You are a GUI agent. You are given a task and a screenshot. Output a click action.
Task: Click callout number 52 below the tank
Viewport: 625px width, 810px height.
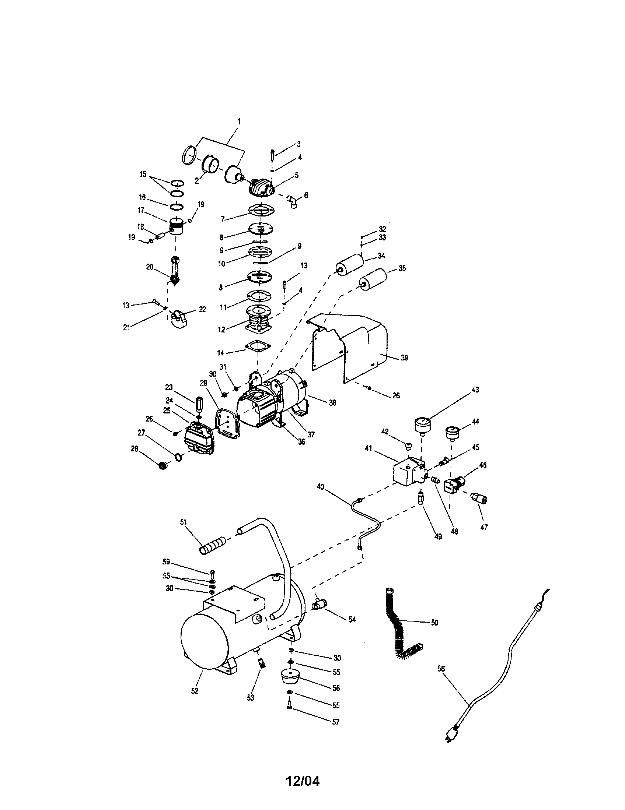(195, 691)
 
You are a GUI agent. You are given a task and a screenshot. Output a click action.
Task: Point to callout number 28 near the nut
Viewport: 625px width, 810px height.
(135, 449)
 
